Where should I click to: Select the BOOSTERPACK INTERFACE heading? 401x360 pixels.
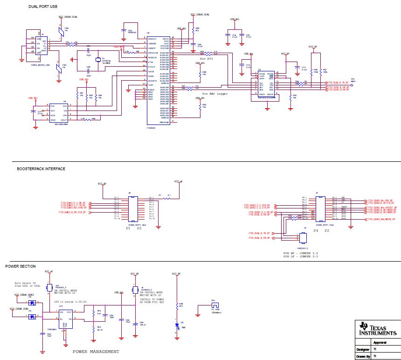[x=41, y=169]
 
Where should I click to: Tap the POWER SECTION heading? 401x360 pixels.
[x=20, y=266]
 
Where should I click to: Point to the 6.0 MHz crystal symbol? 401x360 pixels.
[x=97, y=59]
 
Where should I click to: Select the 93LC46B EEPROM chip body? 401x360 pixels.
[x=58, y=113]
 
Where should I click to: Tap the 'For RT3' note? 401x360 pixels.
[x=206, y=59]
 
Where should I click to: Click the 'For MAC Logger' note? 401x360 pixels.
[x=216, y=94]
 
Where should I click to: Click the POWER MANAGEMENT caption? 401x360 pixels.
[x=96, y=351]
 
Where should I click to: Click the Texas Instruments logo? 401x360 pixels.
[x=378, y=329]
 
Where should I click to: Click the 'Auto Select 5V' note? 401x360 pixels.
[x=24, y=283]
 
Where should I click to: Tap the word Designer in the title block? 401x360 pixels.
[x=362, y=349]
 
